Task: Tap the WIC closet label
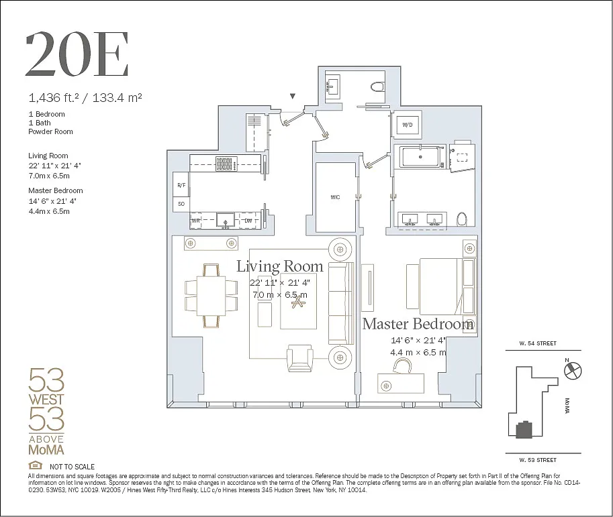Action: tap(335, 197)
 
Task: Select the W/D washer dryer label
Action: tap(407, 125)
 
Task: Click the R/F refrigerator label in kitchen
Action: tap(181, 184)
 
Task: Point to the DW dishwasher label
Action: tap(248, 220)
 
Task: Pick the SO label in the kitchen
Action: tap(181, 203)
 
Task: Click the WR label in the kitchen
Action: tap(196, 220)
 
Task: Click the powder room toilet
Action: tap(377, 86)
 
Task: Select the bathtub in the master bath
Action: tap(420, 158)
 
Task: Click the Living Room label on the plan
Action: tap(279, 266)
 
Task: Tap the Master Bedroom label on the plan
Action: tap(418, 325)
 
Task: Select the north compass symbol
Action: tap(575, 369)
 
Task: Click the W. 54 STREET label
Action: tap(537, 343)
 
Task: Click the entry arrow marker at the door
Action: tap(293, 97)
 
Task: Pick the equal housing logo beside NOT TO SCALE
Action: tap(35, 466)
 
